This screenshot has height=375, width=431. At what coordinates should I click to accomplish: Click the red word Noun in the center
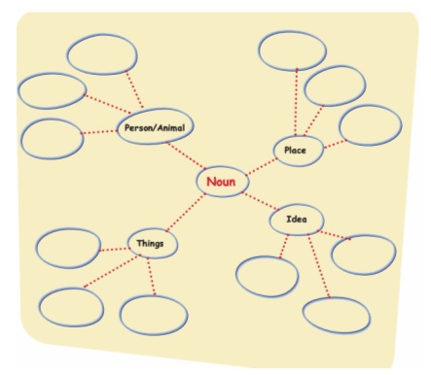pos(221,182)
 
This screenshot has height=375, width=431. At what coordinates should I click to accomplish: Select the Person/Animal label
pos(155,128)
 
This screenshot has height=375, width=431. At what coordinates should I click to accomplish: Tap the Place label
pos(295,151)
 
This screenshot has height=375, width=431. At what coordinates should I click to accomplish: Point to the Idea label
pos(297,220)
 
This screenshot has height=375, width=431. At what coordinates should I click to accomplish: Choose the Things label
pos(150,243)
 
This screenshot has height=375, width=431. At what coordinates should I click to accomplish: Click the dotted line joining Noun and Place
pos(262,167)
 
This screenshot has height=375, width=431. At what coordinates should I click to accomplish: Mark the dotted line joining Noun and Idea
pos(261,201)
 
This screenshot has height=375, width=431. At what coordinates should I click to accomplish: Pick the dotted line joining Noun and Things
pos(186,213)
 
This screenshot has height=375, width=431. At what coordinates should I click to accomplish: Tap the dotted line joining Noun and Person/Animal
pos(186,155)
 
